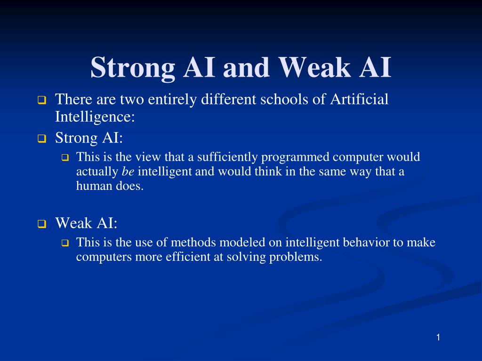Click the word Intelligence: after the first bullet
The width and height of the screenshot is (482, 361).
[95, 117]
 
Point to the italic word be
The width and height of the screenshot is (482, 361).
[128, 172]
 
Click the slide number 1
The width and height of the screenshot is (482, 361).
[438, 337]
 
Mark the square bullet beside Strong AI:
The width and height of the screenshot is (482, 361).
[41, 139]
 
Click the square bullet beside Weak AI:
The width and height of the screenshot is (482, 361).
[41, 224]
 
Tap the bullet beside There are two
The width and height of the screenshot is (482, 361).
[41, 100]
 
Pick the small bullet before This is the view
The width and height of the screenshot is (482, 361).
[65, 158]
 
